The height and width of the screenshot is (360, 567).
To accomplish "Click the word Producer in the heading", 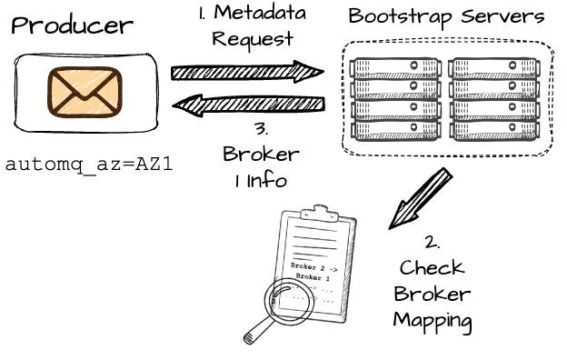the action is tap(72, 26).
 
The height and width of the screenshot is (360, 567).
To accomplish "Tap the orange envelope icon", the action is tap(85, 92).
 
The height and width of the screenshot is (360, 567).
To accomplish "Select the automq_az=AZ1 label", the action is tap(89, 165).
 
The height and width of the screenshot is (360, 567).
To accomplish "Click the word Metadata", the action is tap(260, 13).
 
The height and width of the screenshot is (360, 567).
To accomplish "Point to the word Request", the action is tap(253, 39).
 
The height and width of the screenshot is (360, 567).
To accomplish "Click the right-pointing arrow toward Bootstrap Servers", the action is tap(247, 72).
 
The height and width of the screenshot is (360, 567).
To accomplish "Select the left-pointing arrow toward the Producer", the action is tap(248, 105).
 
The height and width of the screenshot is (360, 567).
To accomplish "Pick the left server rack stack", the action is tap(395, 99).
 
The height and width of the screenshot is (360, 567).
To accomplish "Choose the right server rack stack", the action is tap(494, 99).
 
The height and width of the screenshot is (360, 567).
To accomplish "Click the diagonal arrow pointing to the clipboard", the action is tap(421, 198).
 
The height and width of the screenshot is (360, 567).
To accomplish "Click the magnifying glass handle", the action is tap(258, 330).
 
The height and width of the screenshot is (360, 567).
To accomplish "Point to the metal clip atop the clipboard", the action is tap(320, 213).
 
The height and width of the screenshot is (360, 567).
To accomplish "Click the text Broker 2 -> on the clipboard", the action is tap(313, 267).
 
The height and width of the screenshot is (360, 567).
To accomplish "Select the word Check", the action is tap(432, 268).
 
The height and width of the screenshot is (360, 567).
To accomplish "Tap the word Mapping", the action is tap(433, 321).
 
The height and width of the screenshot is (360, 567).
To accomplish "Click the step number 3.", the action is tap(262, 128).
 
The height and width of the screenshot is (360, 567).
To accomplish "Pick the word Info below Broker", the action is tap(267, 181).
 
